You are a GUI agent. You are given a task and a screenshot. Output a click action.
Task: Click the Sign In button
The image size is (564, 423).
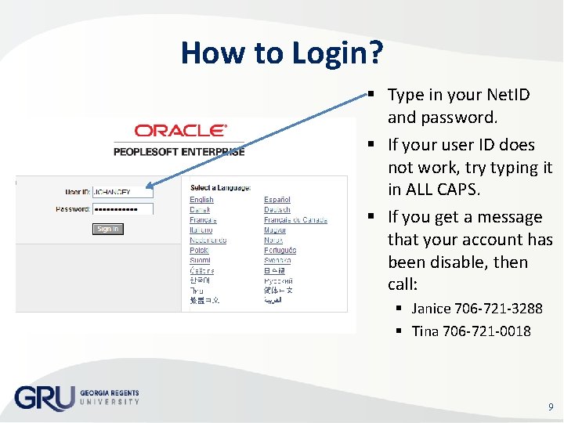click(108, 229)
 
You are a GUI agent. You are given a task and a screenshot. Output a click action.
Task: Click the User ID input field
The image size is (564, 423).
click(122, 191)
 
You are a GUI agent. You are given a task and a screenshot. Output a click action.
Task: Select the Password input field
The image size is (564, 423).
click(122, 209)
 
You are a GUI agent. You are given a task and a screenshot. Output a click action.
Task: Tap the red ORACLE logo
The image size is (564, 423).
click(180, 131)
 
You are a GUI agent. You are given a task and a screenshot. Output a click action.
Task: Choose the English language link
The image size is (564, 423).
click(201, 200)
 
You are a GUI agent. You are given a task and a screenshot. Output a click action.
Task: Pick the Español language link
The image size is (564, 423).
click(277, 200)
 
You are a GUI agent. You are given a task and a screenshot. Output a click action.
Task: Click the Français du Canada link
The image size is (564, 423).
click(295, 220)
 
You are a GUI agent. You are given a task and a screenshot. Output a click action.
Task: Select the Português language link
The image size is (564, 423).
click(280, 250)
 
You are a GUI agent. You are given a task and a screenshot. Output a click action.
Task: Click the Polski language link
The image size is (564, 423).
click(200, 250)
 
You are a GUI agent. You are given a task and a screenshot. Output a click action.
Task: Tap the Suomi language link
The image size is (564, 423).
click(200, 260)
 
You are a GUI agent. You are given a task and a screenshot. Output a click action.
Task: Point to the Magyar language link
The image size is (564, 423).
click(275, 230)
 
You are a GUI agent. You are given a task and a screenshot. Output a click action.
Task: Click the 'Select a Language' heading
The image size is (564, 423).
click(220, 187)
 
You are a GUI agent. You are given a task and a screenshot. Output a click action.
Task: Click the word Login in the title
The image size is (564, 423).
click(338, 53)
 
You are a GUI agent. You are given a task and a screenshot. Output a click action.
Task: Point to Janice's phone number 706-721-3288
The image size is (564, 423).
click(498, 309)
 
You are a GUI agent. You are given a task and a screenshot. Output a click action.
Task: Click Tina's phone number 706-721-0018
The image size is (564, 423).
click(486, 331)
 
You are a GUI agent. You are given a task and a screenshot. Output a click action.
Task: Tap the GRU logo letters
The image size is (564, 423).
click(44, 398)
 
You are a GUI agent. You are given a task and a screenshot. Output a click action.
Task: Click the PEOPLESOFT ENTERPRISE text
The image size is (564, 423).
click(179, 151)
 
